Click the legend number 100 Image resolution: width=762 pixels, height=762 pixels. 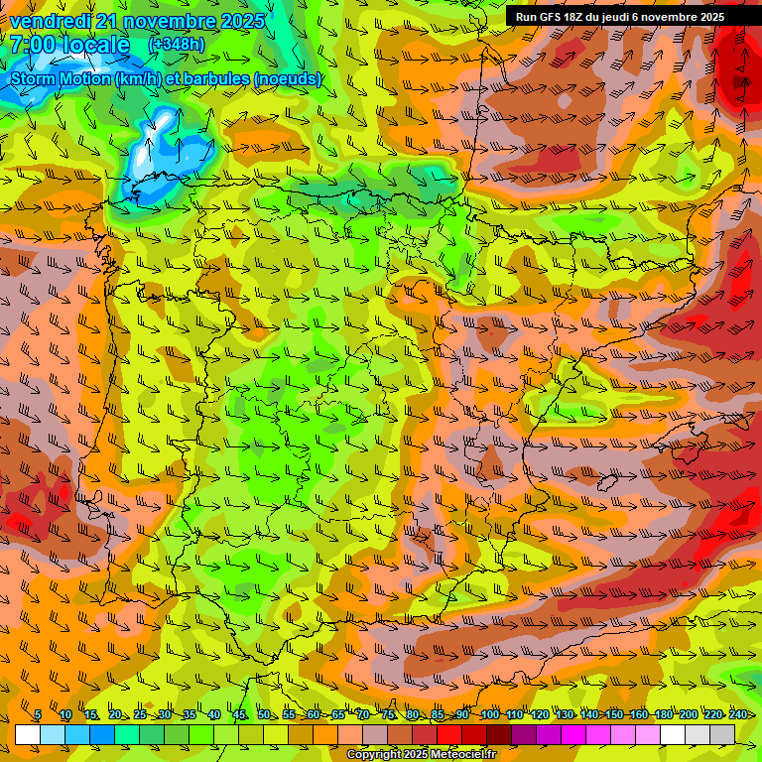pos(490,714)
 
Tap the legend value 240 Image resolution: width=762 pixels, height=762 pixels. pos(738,714)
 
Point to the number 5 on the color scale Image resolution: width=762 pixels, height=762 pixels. pos(38,714)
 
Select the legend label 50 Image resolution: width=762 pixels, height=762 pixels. pos(264,714)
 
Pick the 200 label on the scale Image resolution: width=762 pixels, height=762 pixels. pos(689,714)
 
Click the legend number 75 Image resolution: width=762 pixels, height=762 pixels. pos(388,714)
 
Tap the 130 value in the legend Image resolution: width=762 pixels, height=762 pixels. pos(565,714)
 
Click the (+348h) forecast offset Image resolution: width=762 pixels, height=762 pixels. pos(177,45)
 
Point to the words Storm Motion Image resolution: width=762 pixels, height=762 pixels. pos(60,78)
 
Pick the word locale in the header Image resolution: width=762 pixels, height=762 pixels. pos(97,46)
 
